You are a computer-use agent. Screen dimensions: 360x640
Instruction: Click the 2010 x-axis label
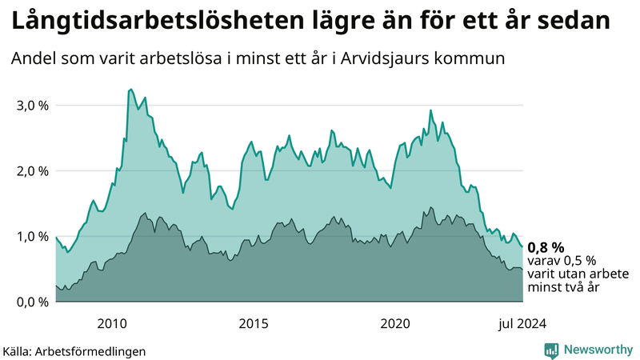point(112,323)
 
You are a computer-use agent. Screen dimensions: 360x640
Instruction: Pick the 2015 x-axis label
point(254,323)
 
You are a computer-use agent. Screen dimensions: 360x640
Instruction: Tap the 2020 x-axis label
point(395,323)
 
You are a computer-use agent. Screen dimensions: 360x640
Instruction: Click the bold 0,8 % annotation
point(546,247)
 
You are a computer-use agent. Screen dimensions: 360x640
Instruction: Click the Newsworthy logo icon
point(551,350)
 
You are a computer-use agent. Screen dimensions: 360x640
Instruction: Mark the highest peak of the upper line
point(130,90)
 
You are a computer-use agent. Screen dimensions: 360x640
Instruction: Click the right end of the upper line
point(522,247)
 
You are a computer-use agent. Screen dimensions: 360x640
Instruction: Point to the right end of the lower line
point(522,270)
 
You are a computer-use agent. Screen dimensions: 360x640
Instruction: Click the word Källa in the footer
point(19,350)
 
